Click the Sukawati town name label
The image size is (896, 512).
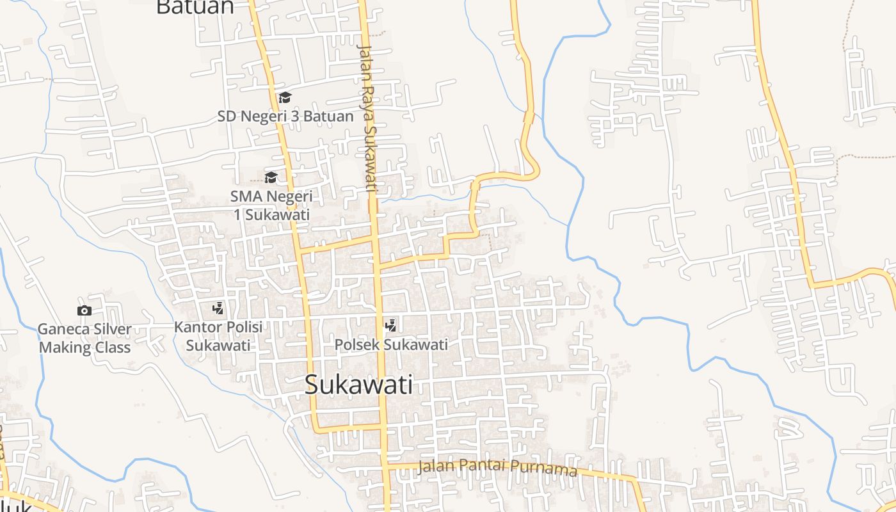(358, 385)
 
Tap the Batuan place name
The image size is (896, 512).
(195, 7)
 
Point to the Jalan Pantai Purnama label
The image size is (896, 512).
(497, 468)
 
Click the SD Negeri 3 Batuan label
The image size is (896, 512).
(285, 116)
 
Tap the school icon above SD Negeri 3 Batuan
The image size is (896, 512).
(285, 97)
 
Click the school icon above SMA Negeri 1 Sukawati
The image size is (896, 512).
(271, 177)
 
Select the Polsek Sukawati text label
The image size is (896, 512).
(391, 344)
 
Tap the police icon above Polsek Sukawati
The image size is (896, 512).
(390, 325)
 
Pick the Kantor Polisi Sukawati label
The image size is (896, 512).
(218, 336)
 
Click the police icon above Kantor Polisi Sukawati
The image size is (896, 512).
(218, 308)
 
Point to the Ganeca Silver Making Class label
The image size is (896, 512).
(84, 339)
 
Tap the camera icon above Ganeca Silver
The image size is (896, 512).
(84, 310)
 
